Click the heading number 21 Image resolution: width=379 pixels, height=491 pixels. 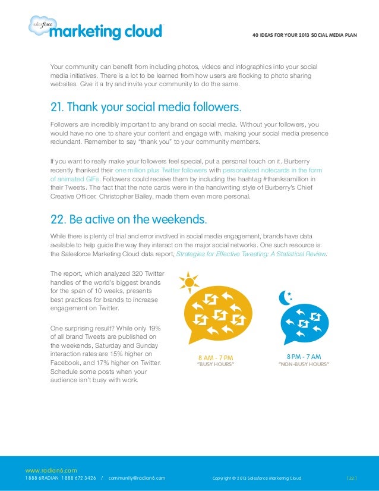(57, 108)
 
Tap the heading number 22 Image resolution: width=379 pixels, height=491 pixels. (58, 219)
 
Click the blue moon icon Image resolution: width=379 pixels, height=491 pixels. (286, 297)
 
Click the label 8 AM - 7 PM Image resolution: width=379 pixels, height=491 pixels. (215, 358)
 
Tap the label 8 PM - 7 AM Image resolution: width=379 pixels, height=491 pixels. (304, 356)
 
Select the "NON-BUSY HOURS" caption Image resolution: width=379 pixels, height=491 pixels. (304, 364)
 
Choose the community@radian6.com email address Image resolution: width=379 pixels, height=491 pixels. (137, 478)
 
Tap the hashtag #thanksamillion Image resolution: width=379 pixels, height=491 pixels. (290, 178)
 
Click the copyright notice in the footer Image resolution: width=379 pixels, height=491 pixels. (257, 478)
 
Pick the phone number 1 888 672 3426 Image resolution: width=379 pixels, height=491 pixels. (80, 478)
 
